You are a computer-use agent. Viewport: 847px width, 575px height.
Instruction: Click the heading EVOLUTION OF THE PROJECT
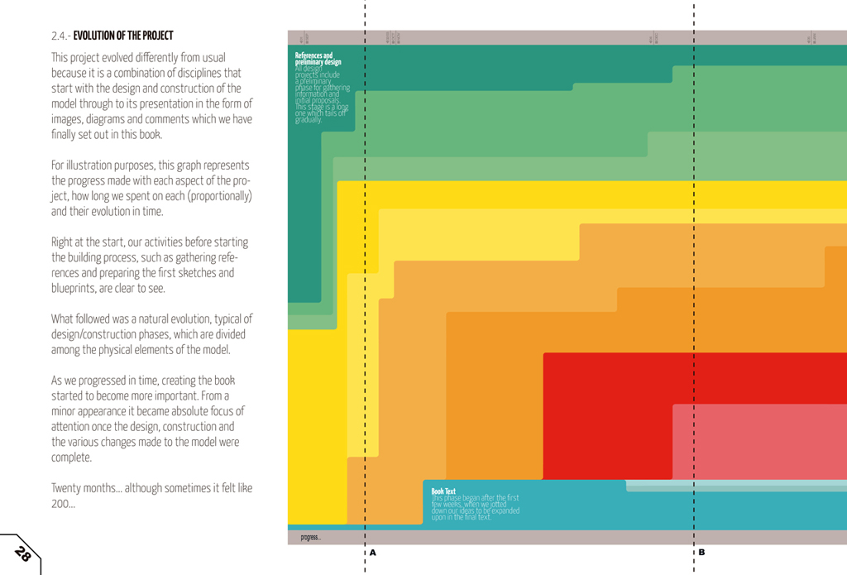123,36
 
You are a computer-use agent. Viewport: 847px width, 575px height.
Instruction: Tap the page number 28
23,554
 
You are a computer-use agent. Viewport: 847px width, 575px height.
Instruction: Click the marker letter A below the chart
372,552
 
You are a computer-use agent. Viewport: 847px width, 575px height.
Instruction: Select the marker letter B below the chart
701,552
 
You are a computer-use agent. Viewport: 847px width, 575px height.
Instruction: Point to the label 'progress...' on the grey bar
310,537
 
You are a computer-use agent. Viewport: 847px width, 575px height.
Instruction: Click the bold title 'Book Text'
443,491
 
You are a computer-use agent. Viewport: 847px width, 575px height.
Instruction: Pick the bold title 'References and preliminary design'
318,59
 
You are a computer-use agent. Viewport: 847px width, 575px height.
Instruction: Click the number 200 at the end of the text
60,503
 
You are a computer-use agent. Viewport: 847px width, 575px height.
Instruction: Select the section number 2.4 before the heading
60,36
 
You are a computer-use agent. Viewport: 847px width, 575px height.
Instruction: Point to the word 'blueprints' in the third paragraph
74,288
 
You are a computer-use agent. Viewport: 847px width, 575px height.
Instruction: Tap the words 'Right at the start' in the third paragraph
93,242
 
